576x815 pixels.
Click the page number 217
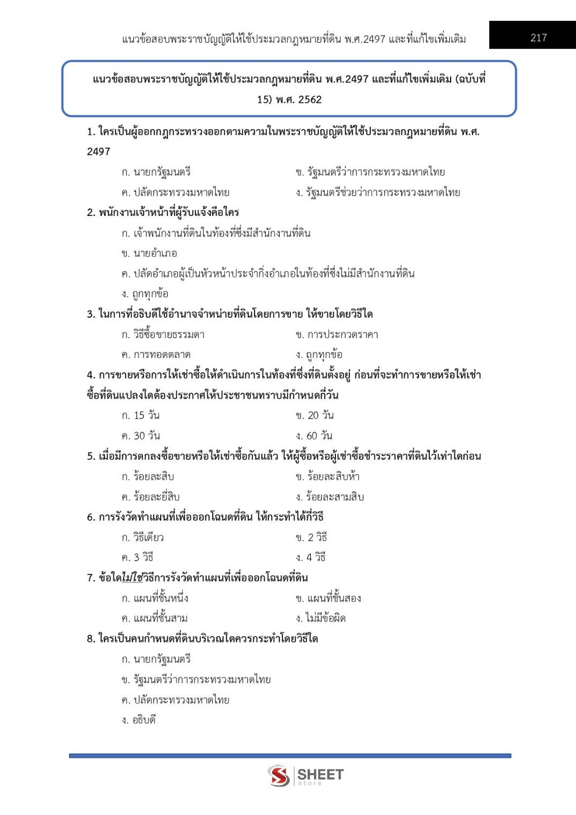point(538,38)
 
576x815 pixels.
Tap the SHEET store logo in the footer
point(305,775)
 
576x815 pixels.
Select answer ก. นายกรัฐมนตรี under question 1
point(156,172)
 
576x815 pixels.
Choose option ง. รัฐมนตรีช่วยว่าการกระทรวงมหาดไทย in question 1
point(378,192)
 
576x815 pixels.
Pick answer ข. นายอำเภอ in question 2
point(149,253)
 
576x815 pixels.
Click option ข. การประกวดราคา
point(336,334)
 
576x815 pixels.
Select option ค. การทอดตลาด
point(156,355)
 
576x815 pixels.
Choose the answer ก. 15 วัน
point(140,415)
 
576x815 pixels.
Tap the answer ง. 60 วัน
point(314,436)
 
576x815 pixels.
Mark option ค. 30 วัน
point(140,436)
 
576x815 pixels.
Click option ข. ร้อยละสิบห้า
point(327,476)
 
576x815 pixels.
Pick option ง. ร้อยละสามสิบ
point(330,497)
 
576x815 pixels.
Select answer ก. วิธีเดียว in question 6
point(143,537)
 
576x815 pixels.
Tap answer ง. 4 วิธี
point(311,557)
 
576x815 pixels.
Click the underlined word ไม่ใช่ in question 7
point(132,578)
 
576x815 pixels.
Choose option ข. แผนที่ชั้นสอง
point(328,598)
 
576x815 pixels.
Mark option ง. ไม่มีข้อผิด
point(320,618)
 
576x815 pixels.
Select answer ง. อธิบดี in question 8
point(138,720)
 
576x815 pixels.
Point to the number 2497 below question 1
point(99,152)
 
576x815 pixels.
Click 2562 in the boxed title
point(310,100)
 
